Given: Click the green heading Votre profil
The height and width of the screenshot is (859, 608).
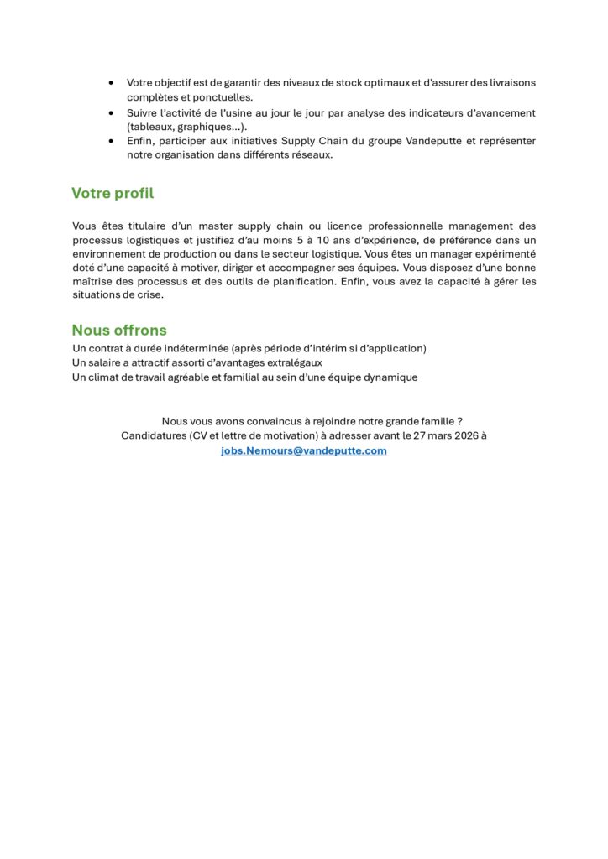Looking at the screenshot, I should tap(113, 194).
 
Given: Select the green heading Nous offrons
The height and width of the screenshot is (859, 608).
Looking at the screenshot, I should tap(119, 331).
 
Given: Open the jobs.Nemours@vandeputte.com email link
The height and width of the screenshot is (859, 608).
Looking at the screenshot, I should tap(304, 450).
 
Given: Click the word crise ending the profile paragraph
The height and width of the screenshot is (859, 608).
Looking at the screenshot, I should tap(147, 294).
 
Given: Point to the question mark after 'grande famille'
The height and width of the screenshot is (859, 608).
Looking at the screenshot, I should tap(460, 421).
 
